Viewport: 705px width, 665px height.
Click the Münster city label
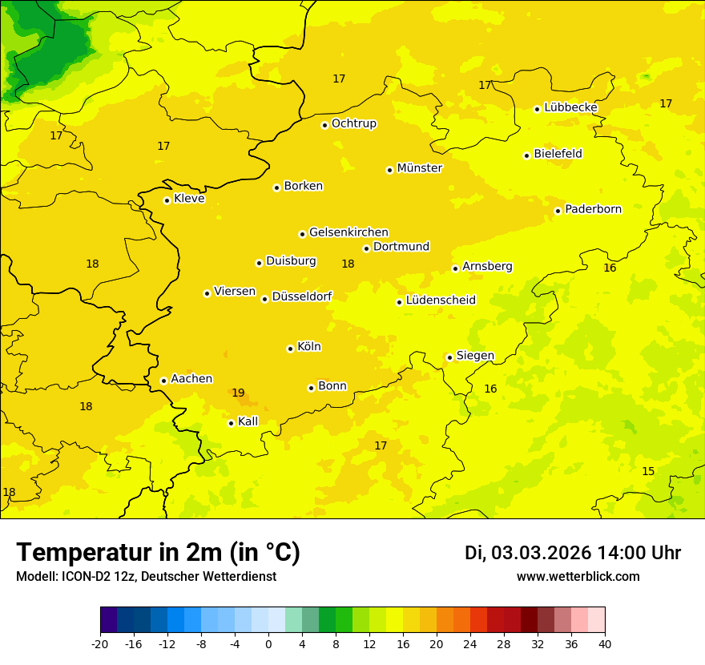(x=419, y=168)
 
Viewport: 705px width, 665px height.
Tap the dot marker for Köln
(x=290, y=349)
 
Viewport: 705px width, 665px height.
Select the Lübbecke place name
(x=570, y=107)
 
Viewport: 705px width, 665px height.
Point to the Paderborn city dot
(x=558, y=211)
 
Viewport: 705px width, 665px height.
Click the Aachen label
(x=191, y=379)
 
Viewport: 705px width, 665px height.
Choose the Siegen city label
(x=475, y=356)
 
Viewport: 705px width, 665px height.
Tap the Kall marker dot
(x=231, y=423)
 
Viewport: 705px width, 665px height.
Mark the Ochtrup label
(x=353, y=123)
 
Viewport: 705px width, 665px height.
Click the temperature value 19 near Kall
(x=238, y=393)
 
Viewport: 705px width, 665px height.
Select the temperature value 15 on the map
(x=648, y=471)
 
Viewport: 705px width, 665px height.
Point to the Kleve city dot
(x=167, y=200)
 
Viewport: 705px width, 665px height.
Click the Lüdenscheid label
(x=441, y=300)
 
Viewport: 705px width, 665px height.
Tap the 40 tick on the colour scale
(x=605, y=643)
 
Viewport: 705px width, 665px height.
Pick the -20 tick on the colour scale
(x=100, y=643)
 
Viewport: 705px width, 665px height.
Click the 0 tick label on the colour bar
(x=268, y=643)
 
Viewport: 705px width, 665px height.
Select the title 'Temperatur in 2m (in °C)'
(x=158, y=552)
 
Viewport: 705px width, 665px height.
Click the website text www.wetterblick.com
(x=578, y=577)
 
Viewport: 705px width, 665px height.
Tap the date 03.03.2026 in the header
(x=542, y=553)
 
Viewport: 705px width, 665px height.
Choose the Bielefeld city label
(x=558, y=154)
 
